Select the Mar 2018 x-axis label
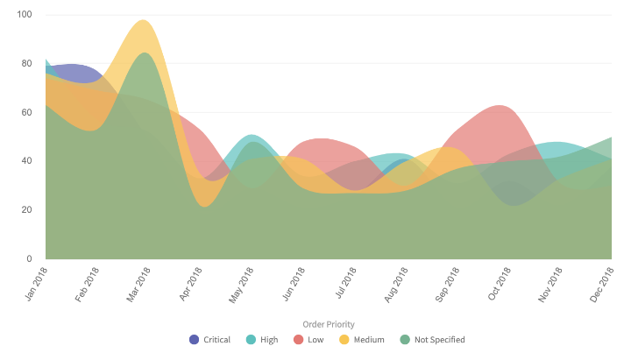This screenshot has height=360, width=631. (138, 284)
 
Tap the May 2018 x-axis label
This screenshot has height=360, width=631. (241, 284)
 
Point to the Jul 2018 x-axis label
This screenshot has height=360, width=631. (345, 284)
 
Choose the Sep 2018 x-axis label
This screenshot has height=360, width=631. (448, 284)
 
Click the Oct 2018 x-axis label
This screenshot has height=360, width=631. (500, 284)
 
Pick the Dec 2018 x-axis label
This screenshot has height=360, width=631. (602, 284)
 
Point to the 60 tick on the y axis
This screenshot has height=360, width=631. (26, 112)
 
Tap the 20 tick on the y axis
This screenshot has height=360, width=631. (26, 210)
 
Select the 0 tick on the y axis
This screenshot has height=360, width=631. (29, 259)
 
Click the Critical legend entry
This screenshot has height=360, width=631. (209, 340)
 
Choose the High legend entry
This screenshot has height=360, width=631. (262, 340)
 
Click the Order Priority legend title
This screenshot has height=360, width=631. (328, 324)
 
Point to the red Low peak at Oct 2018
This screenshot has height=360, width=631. (500, 106)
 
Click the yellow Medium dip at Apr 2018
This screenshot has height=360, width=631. (205, 206)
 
